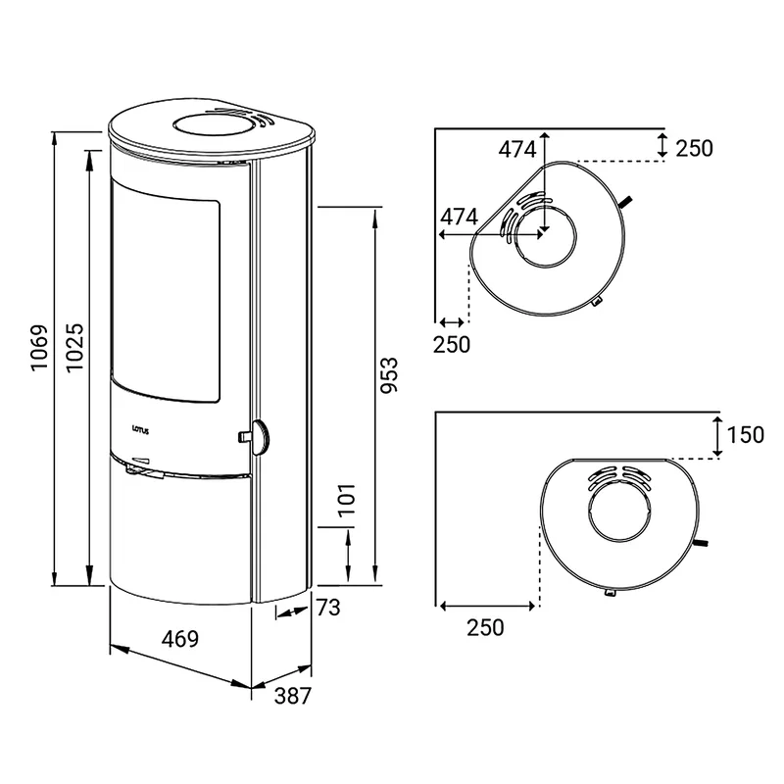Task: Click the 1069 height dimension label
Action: point(39,348)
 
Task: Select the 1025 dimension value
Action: point(75,348)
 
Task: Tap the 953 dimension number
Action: point(389,375)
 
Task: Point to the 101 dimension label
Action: point(347,499)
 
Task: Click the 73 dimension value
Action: point(328,608)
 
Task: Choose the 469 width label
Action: point(180,639)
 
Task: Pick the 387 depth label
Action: point(292,696)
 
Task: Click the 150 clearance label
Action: point(745,434)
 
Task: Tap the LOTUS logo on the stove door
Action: point(140,429)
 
